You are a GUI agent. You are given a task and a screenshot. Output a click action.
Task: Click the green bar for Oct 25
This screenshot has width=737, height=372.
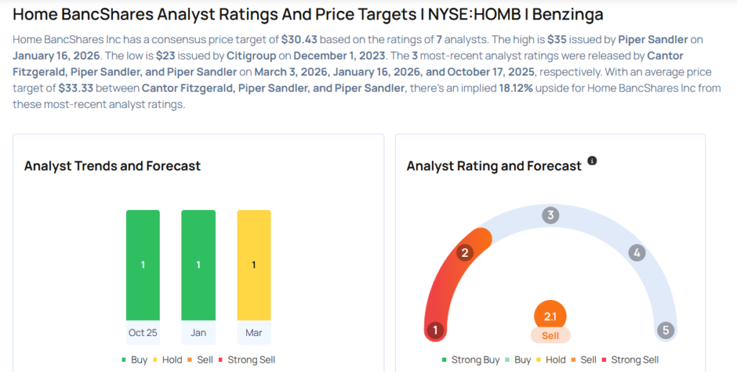pyautogui.click(x=143, y=265)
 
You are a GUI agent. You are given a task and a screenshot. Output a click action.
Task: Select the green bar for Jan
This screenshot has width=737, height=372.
pyautogui.click(x=198, y=265)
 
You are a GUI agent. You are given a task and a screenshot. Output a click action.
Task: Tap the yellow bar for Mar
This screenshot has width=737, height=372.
pyautogui.click(x=253, y=265)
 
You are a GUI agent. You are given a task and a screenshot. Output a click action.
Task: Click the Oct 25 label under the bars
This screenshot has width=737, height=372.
pyautogui.click(x=143, y=332)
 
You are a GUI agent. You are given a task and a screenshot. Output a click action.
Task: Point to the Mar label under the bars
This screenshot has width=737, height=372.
pyautogui.click(x=253, y=332)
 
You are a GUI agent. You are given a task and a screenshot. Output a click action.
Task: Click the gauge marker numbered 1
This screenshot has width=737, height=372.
pyautogui.click(x=434, y=330)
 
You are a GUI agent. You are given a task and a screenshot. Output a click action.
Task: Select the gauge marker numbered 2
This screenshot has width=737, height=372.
pyautogui.click(x=465, y=253)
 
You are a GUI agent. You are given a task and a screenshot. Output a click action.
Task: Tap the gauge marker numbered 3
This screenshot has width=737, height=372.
pyautogui.click(x=551, y=215)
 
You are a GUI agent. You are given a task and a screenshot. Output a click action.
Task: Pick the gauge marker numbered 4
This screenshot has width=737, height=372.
pyautogui.click(x=636, y=253)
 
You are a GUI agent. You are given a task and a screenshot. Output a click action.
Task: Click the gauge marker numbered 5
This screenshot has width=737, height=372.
pyautogui.click(x=666, y=330)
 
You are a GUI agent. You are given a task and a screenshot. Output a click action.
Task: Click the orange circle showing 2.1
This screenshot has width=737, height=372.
pyautogui.click(x=550, y=316)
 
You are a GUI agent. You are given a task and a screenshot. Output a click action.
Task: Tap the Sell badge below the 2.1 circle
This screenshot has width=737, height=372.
pyautogui.click(x=550, y=335)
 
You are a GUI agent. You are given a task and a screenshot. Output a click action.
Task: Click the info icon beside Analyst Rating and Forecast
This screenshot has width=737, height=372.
pyautogui.click(x=592, y=160)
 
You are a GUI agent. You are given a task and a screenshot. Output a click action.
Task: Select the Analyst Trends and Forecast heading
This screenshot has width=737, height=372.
pyautogui.click(x=112, y=166)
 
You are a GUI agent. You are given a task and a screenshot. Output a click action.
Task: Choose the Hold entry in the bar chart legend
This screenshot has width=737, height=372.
pyautogui.click(x=169, y=359)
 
